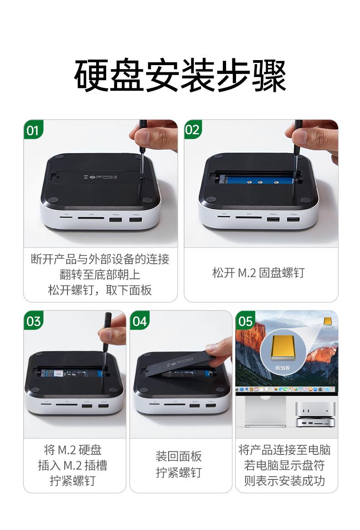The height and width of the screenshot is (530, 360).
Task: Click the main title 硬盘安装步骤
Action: click(x=180, y=75)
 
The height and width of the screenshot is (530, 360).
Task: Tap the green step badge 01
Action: click(x=32, y=131)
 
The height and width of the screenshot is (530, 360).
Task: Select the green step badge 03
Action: click(x=33, y=321)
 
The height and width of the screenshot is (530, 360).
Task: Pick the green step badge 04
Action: click(x=139, y=321)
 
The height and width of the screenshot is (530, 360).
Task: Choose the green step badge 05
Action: click(x=245, y=321)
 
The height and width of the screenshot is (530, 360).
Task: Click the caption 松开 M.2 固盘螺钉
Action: click(x=258, y=273)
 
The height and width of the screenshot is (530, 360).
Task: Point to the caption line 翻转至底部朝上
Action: click(x=100, y=275)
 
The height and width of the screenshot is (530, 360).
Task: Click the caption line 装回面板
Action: click(x=179, y=456)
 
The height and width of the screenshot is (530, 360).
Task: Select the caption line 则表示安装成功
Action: click(x=285, y=481)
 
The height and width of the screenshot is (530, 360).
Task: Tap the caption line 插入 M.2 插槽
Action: click(x=72, y=465)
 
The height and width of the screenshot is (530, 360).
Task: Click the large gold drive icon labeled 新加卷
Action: click(x=284, y=349)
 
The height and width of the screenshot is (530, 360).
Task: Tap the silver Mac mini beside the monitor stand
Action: click(x=315, y=414)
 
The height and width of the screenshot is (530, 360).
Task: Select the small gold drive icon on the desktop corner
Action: click(x=327, y=321)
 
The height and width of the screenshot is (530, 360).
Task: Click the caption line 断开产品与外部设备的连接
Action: click(x=100, y=260)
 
